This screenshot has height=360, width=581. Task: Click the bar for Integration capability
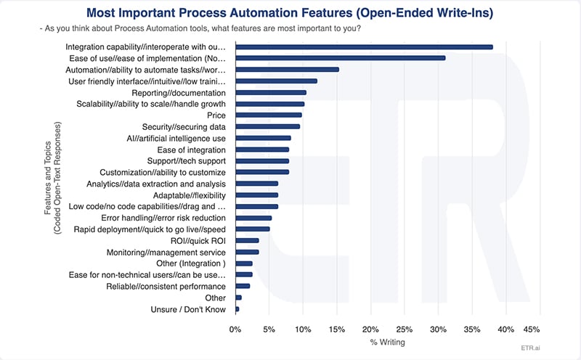[363, 47]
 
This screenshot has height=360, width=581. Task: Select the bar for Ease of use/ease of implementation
[340, 58]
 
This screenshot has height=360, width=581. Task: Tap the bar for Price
[268, 115]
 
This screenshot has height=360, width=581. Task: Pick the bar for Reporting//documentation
[270, 92]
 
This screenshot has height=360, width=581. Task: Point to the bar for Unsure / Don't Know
[237, 309]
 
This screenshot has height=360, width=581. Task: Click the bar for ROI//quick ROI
[246, 240]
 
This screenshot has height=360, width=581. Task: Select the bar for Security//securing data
[267, 126]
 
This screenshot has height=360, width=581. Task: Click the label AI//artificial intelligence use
[176, 138]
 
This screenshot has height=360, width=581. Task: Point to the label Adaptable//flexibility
[189, 195]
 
